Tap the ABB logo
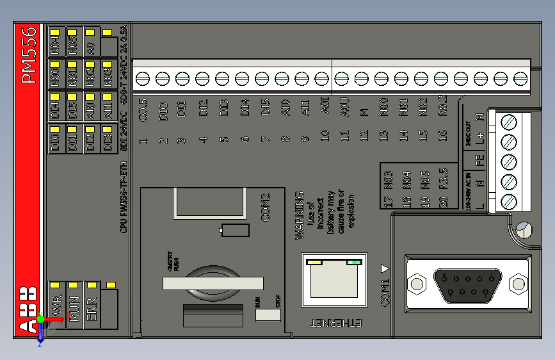(28, 310)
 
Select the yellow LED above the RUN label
(74, 285)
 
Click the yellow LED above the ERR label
(92, 285)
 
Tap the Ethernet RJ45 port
(332, 281)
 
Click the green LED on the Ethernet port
(353, 262)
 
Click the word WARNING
(298, 215)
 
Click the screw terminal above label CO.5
(143, 78)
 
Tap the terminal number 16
(442, 135)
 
